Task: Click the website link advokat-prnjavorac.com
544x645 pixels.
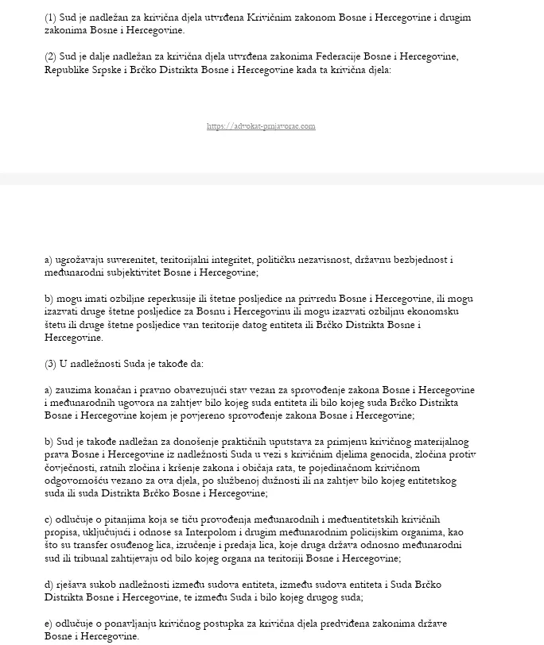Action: tap(261, 126)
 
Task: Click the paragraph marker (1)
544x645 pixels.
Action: tap(51, 17)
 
